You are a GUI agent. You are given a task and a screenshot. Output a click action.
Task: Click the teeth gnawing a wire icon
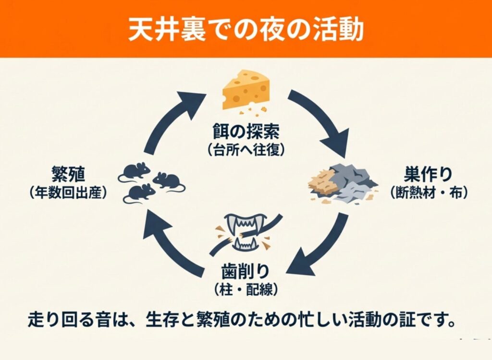tap(246, 232)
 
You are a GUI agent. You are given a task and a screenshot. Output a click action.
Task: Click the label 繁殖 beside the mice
tap(67, 174)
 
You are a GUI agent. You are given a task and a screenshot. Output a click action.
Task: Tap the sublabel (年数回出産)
tap(67, 192)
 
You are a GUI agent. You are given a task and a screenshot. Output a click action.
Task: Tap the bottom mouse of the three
tap(139, 193)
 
